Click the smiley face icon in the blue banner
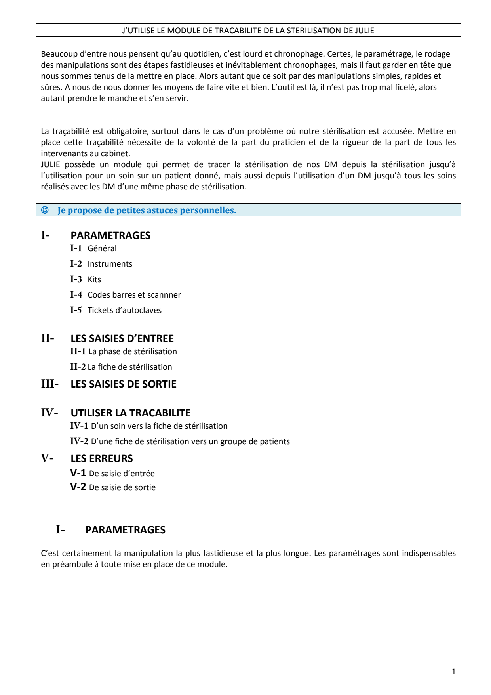coord(45,210)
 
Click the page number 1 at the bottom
coord(453,672)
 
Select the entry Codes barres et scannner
coord(134,295)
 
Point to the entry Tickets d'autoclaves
coord(124,310)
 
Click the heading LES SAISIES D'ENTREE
coord(122,338)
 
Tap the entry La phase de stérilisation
coord(132,351)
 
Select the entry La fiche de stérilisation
coord(129,367)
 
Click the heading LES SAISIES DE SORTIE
coord(123,384)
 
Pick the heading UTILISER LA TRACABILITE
coord(130,413)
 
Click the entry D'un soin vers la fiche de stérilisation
coord(159,426)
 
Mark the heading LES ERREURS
coord(101,458)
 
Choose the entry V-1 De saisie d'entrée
coord(122,474)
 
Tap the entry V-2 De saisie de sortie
coord(122,487)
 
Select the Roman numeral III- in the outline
coord(49,384)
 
